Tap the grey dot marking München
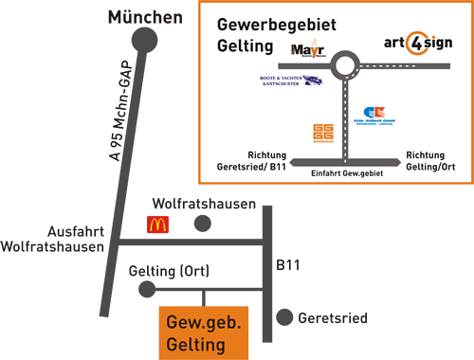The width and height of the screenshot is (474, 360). coord(144,40)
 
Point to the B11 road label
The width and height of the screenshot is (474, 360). coord(287,267)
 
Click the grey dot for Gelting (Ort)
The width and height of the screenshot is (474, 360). coord(146,288)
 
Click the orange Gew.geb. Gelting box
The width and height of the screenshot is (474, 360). coord(203,333)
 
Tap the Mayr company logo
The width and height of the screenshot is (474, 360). coord(306,49)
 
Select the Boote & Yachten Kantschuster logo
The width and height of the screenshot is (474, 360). coord(290,81)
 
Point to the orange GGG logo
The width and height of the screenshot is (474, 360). coord(322,134)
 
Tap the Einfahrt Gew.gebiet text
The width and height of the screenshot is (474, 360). coord(347,176)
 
